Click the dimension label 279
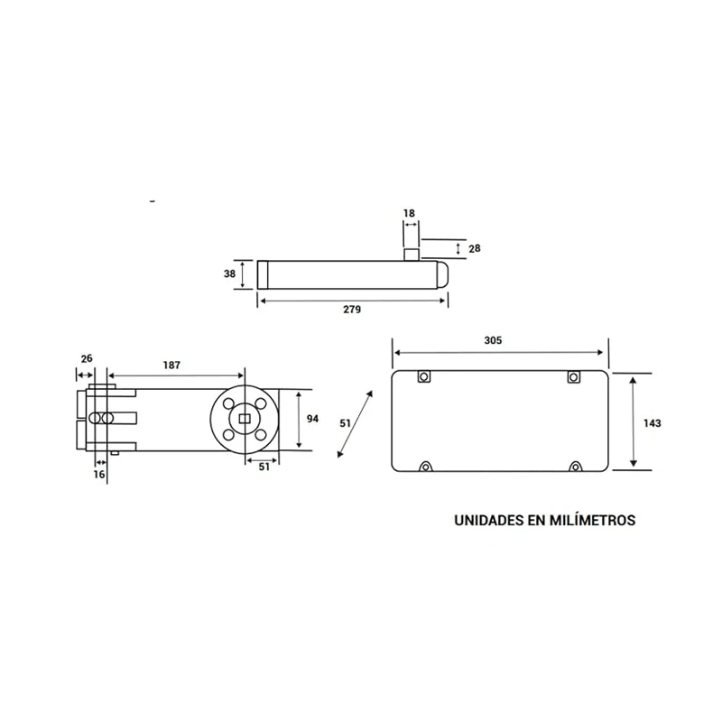pos(352,310)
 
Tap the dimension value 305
pos(493,340)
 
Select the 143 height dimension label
pos(652,423)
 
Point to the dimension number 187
pos(171,366)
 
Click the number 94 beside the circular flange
pos(312,419)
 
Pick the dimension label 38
pos(229,274)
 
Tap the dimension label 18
pos(409,213)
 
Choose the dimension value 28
pos(475,249)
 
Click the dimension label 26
pos(87,358)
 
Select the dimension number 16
pos(99,475)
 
